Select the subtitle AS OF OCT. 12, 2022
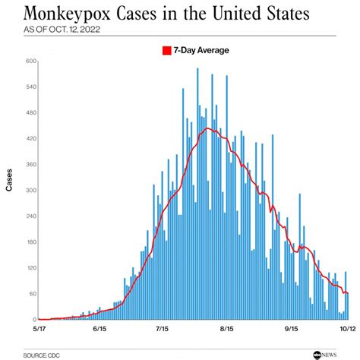pyautogui.click(x=61, y=33)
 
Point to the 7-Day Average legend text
pyautogui.click(x=200, y=51)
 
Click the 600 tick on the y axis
pyautogui.click(x=31, y=62)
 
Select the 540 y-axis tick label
pyautogui.click(x=31, y=87)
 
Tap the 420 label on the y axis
pyautogui.click(x=31, y=139)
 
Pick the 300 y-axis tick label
pyautogui.click(x=31, y=191)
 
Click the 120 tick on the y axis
pyautogui.click(x=31, y=268)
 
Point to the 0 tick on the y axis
pyautogui.click(x=34, y=320)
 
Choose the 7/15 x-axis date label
pyautogui.click(x=163, y=329)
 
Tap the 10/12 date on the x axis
pyautogui.click(x=346, y=329)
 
